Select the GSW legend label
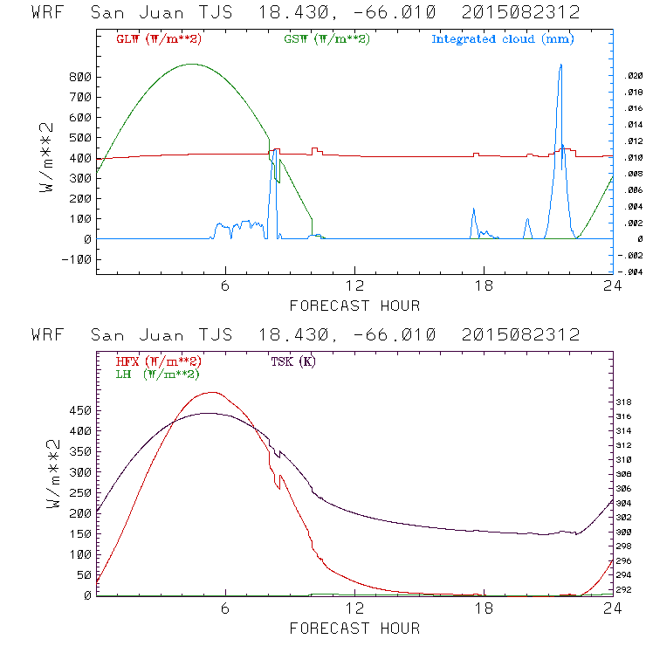(x=326, y=39)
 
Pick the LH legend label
(x=157, y=374)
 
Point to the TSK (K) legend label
(x=292, y=361)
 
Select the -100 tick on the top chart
(x=77, y=259)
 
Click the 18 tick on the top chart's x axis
(x=484, y=287)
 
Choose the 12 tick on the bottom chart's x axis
(x=354, y=609)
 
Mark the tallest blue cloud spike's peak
(x=560, y=65)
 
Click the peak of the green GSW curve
(x=192, y=64)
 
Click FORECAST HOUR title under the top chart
(x=354, y=306)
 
